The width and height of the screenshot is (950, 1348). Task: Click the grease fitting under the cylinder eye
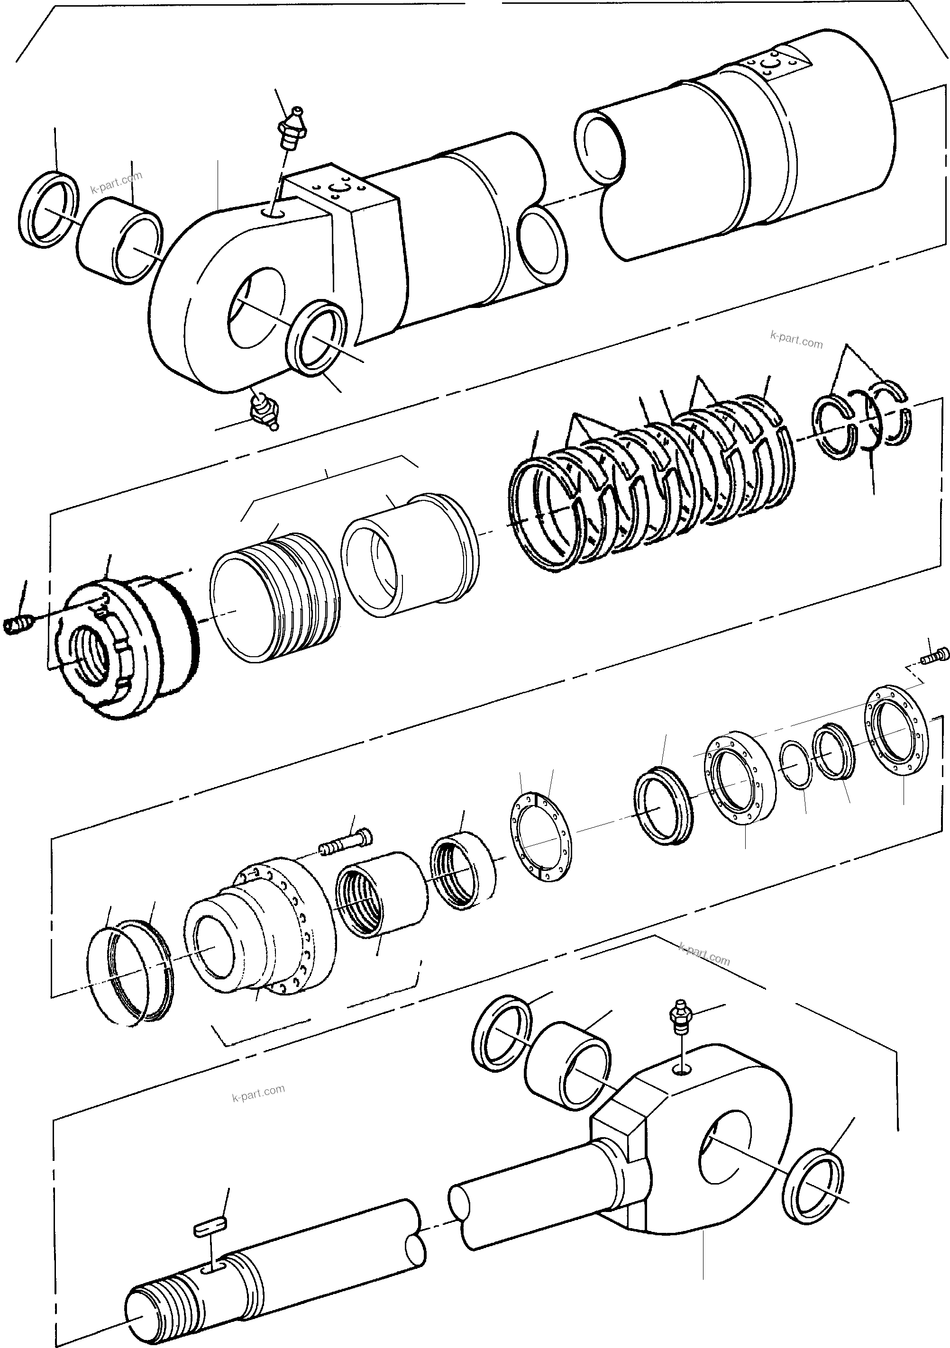point(263,410)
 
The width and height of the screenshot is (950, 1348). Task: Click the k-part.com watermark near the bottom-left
point(258,1093)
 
